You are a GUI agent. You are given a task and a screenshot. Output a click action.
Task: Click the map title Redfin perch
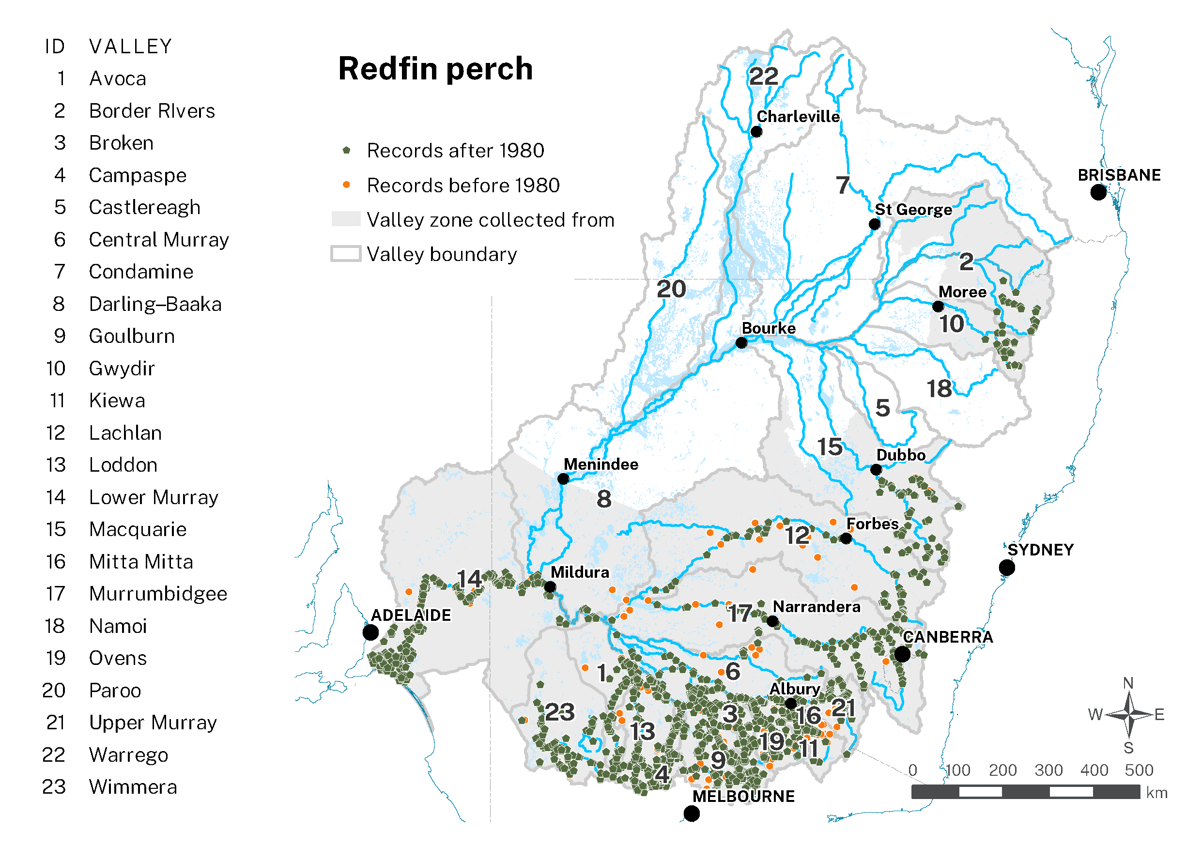pyautogui.click(x=435, y=69)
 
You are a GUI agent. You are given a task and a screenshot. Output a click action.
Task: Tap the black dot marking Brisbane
pyautogui.click(x=1098, y=192)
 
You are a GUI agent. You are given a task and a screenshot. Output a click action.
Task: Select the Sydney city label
pyautogui.click(x=1040, y=550)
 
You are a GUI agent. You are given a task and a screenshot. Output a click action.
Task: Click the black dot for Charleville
pyautogui.click(x=756, y=131)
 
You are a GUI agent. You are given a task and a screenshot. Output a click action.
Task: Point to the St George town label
pyautogui.click(x=913, y=209)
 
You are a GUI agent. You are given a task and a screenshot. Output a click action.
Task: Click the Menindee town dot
pyautogui.click(x=563, y=478)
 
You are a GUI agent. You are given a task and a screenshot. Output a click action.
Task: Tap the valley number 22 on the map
pyautogui.click(x=763, y=77)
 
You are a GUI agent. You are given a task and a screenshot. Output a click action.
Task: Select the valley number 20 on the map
pyautogui.click(x=671, y=289)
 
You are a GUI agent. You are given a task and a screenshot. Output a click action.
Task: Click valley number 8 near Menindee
pyautogui.click(x=603, y=498)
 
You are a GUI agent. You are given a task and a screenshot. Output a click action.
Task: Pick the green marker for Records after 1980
pyautogui.click(x=346, y=150)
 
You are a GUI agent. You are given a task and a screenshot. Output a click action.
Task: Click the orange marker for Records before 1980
pyautogui.click(x=346, y=185)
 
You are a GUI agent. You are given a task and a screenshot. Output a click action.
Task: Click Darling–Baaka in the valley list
pyautogui.click(x=155, y=304)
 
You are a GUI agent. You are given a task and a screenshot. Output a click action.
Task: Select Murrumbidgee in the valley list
pyautogui.click(x=157, y=594)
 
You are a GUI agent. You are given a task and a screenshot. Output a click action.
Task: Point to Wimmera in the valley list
pyautogui.click(x=133, y=787)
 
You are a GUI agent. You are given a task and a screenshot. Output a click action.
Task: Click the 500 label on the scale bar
pyautogui.click(x=1139, y=770)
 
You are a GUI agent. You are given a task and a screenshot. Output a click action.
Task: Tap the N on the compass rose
pyautogui.click(x=1128, y=683)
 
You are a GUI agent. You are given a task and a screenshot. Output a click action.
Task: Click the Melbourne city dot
pyautogui.click(x=691, y=813)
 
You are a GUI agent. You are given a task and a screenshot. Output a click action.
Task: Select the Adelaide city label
pyautogui.click(x=411, y=615)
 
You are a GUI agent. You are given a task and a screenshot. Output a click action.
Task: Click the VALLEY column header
pyautogui.click(x=130, y=46)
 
